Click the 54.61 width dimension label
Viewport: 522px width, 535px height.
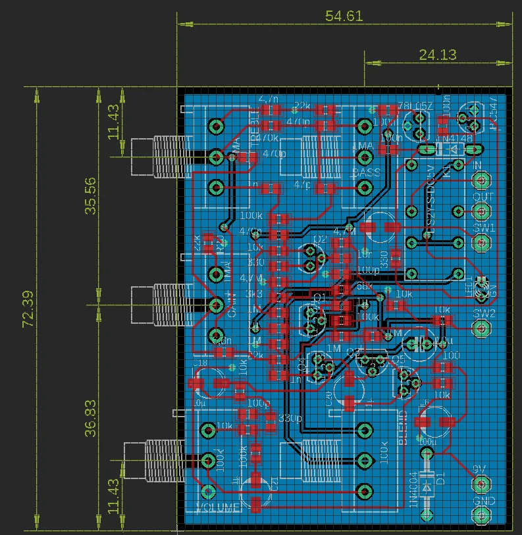[344, 16]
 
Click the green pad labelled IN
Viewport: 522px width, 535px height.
[482, 180]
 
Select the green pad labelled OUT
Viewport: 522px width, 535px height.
[482, 211]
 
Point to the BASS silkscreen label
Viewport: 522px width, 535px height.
[365, 173]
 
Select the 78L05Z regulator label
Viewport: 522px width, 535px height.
[414, 106]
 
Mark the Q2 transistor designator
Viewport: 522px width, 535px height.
[320, 239]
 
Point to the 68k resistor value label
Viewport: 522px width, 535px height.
[363, 286]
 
